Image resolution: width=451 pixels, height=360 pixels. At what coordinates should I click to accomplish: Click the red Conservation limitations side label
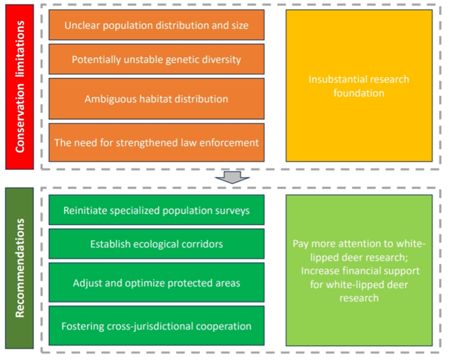point(20,86)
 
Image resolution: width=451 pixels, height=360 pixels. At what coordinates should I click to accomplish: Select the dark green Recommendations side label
point(20,268)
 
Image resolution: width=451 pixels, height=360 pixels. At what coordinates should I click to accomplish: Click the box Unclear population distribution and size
point(156,25)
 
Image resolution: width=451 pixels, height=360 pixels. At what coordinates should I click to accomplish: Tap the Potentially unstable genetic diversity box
point(156,59)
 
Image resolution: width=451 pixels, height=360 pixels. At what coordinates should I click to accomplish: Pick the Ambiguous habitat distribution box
point(156,99)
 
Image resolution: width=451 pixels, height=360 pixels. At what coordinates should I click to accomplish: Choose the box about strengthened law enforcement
point(156,142)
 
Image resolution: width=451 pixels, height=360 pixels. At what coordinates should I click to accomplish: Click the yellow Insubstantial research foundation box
point(359,86)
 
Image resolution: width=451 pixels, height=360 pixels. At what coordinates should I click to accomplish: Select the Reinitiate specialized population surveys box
point(156,210)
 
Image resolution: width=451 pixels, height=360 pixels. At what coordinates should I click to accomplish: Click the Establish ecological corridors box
point(156,243)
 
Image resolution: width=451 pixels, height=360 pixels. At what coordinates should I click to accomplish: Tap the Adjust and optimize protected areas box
point(156,282)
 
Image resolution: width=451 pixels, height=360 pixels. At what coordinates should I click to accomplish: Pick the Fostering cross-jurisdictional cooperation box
point(156,326)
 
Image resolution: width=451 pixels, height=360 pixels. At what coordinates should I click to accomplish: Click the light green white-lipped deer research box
point(359,270)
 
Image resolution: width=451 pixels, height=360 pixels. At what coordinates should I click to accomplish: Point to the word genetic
point(176,59)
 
